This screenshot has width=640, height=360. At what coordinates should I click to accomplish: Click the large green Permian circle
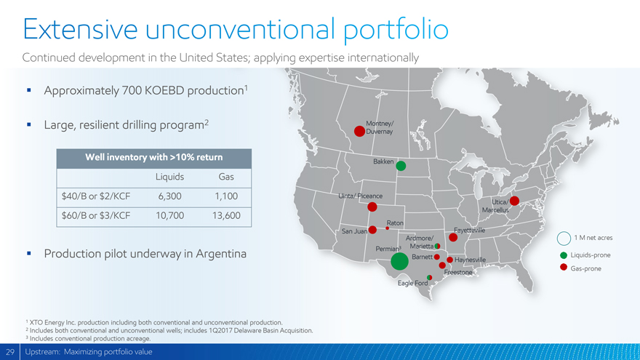(x=399, y=261)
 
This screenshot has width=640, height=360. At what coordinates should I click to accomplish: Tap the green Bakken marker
(x=401, y=166)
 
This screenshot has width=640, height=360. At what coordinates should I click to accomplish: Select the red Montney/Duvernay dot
(x=359, y=132)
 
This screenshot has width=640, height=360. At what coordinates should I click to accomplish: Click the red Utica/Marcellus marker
(x=514, y=201)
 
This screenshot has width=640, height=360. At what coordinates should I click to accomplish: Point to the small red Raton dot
(x=388, y=228)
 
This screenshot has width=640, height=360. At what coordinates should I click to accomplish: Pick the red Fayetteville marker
(x=453, y=237)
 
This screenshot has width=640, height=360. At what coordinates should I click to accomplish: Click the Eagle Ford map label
(x=412, y=283)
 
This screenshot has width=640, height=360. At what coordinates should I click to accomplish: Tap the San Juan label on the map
(x=354, y=231)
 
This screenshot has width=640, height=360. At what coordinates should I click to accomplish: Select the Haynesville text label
(x=471, y=260)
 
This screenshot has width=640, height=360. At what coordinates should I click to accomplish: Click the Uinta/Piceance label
(x=361, y=196)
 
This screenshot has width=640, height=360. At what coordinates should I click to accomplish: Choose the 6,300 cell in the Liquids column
(x=169, y=196)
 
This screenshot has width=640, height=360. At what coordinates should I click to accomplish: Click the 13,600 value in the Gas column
(x=226, y=215)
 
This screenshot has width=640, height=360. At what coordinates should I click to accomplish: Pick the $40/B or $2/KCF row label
(x=96, y=196)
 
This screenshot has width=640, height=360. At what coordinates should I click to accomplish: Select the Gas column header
(x=226, y=177)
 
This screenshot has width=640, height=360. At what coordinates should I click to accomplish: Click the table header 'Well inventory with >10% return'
(x=154, y=158)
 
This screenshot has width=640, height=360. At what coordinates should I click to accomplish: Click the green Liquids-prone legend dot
(x=564, y=255)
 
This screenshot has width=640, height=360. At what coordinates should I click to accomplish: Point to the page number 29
(x=9, y=352)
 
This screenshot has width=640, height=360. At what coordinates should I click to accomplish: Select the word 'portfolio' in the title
(x=396, y=29)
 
